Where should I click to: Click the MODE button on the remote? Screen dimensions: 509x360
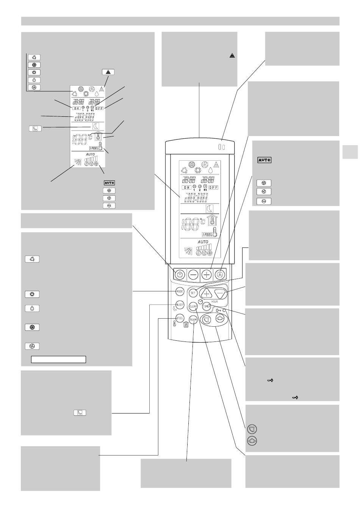pos(180,291)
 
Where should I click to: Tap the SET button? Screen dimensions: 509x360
pos(193,293)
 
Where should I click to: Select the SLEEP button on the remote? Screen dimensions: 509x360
pos(180,304)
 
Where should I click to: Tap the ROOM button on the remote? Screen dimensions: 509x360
pos(193,319)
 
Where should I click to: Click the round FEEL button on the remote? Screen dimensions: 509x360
pos(180,319)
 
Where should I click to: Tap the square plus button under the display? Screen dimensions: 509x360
pos(206,274)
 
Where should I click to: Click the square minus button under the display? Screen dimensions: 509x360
pos(193,274)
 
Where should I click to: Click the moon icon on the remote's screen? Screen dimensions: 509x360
pos(210,208)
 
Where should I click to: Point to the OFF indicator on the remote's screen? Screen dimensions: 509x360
pos(213,187)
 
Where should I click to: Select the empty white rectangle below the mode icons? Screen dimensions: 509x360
pos(58,359)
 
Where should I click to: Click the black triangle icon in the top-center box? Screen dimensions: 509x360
pos(232,56)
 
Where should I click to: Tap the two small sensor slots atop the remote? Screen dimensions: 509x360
pos(222,147)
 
